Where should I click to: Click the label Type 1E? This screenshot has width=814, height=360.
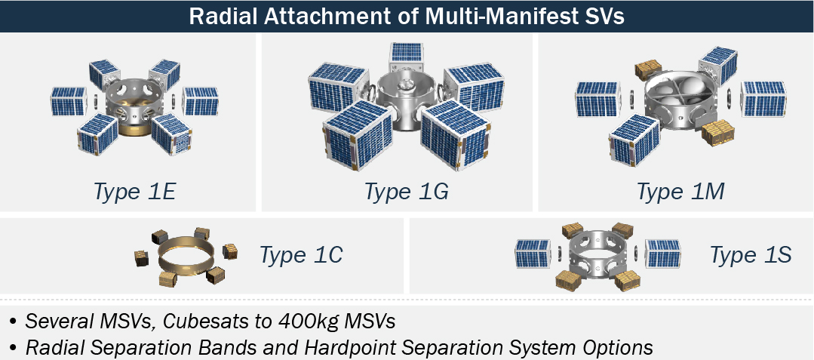pyautogui.click(x=134, y=192)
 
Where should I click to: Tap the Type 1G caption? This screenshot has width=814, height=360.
pyautogui.click(x=406, y=192)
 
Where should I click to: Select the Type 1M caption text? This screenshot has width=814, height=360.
pyautogui.click(x=680, y=192)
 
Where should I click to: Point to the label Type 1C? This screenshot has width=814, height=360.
pyautogui.click(x=301, y=255)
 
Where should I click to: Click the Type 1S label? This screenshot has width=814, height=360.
pyautogui.click(x=751, y=255)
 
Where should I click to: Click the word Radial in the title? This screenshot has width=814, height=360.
pyautogui.click(x=224, y=16)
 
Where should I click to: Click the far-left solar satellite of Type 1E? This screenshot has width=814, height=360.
pyautogui.click(x=69, y=101)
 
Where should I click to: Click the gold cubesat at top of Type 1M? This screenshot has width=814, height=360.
pyautogui.click(x=647, y=69)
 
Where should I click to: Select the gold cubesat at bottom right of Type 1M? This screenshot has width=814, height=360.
pyautogui.click(x=717, y=132)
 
